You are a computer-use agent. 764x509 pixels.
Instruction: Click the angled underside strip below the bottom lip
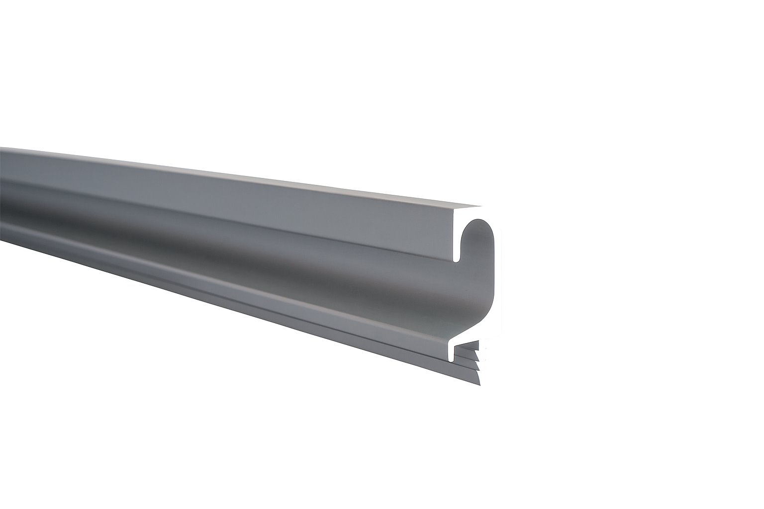(x=298, y=318)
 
